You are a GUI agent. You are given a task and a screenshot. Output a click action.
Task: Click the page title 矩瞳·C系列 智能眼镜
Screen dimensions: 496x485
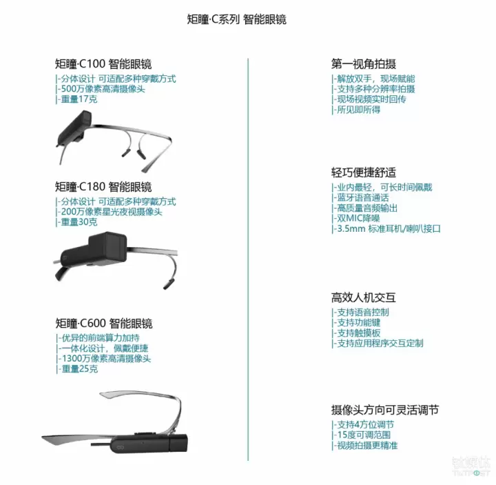236,19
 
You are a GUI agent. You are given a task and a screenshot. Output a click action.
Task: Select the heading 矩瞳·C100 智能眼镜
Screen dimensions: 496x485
103,63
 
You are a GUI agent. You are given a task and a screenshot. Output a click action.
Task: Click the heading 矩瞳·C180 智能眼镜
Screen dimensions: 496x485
103,186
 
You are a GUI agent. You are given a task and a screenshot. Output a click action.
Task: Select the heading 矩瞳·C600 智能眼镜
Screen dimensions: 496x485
104,324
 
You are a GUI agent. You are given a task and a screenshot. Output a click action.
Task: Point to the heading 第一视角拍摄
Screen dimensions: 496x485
364,63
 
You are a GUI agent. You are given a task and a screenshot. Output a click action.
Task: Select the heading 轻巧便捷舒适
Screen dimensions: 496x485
364,172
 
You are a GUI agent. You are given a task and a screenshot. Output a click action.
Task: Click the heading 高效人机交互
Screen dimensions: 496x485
364,297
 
